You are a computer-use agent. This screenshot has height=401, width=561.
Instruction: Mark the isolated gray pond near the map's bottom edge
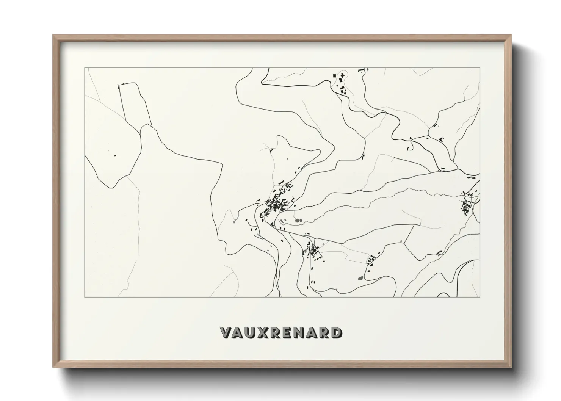point(360,279)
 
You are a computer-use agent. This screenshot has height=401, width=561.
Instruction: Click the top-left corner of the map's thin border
point(85,68)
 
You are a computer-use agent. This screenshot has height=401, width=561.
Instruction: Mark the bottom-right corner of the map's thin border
point(480,297)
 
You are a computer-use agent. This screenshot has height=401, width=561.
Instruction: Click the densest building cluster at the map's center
point(279,203)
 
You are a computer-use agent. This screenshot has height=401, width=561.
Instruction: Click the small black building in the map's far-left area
point(115,155)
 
